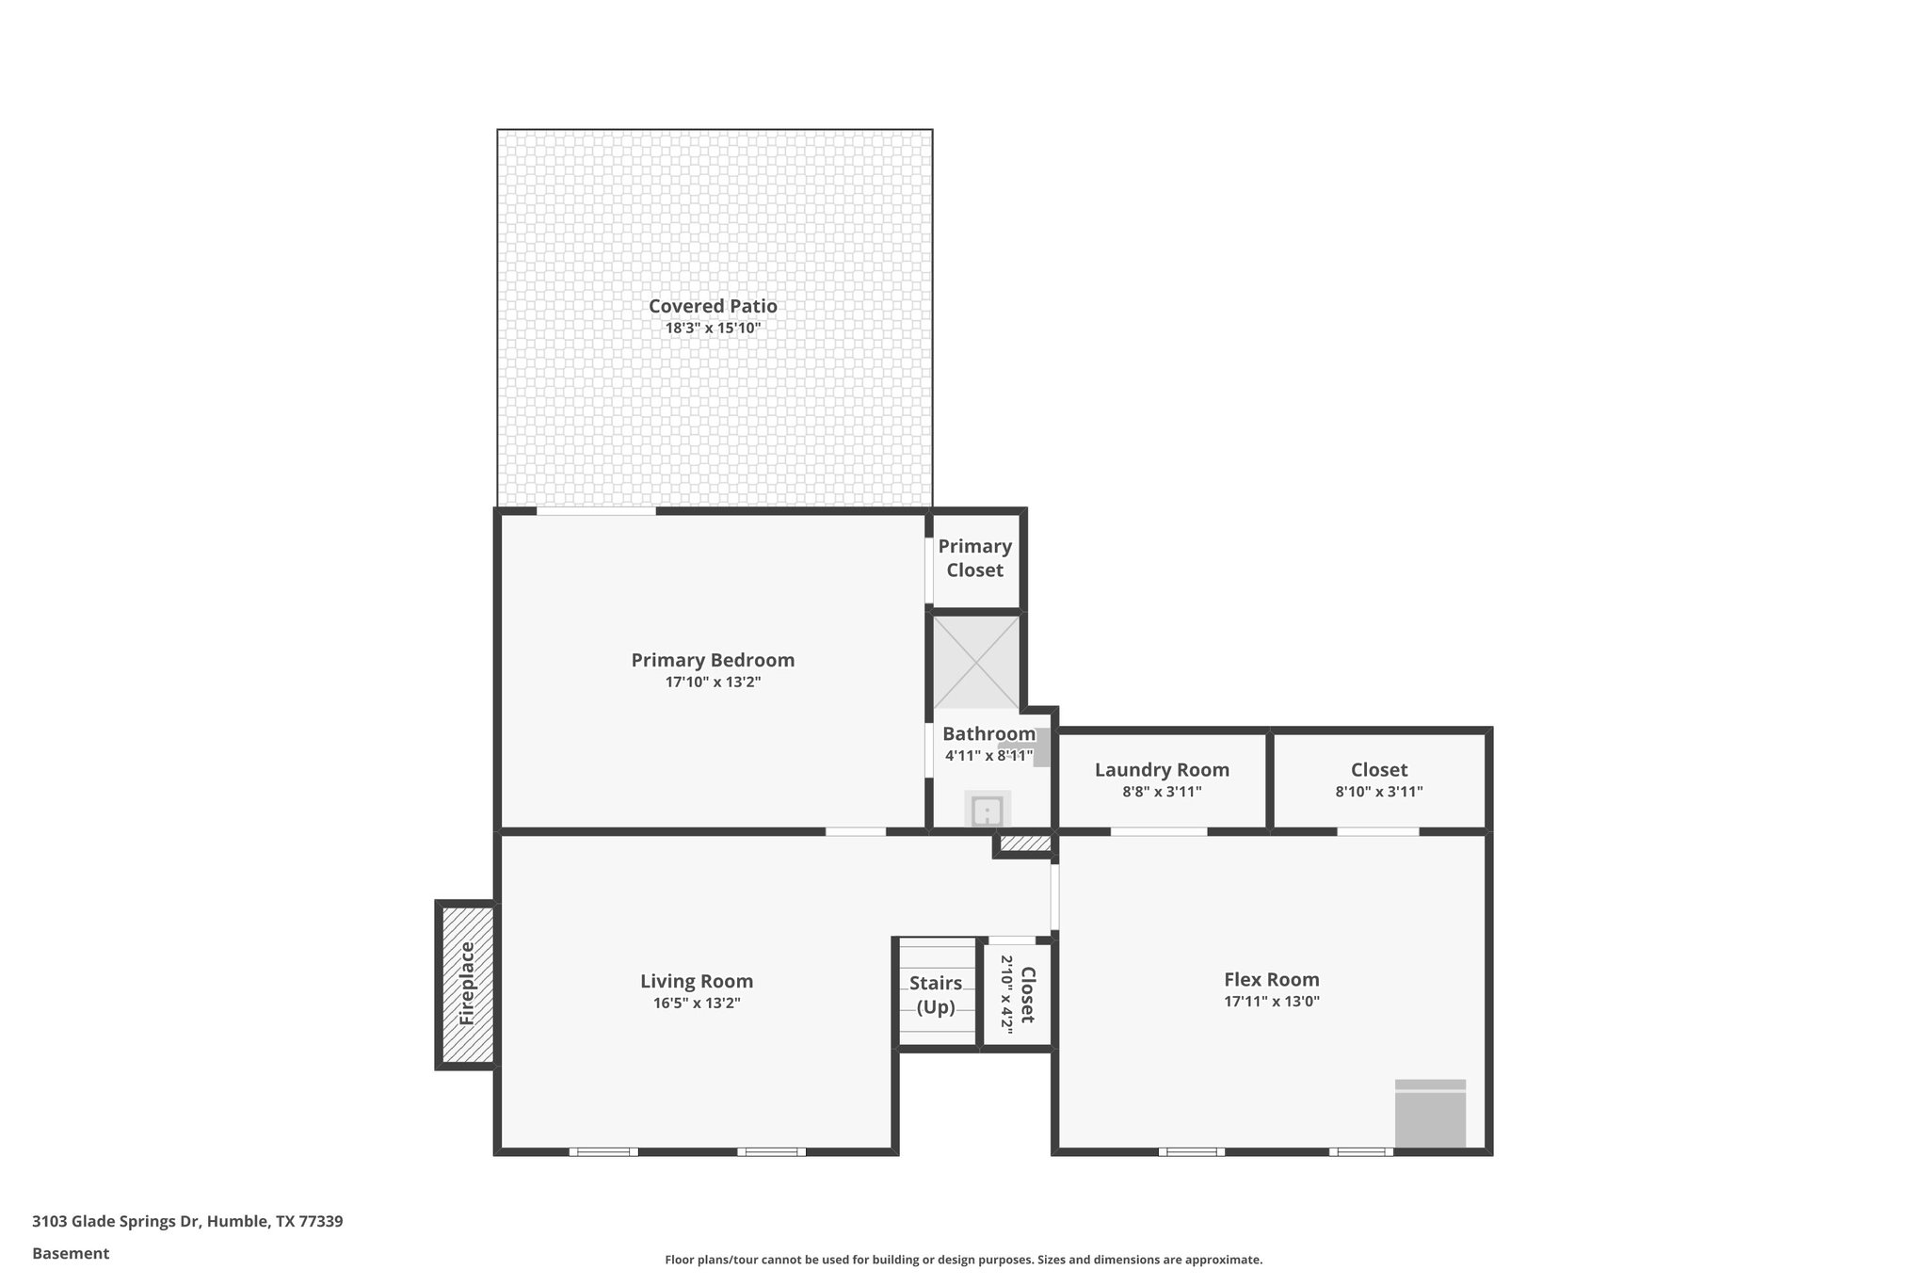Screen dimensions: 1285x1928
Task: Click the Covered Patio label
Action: click(x=713, y=306)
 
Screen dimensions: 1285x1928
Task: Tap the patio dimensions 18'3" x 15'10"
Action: click(x=713, y=329)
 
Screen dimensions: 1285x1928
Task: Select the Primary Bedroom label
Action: click(x=713, y=660)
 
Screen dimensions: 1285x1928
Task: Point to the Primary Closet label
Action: click(x=974, y=558)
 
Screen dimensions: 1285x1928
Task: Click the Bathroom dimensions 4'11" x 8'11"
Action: click(x=988, y=755)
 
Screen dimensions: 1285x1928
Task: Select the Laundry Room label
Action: click(x=1162, y=770)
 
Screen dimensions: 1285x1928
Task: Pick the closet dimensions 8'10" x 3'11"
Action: click(x=1378, y=793)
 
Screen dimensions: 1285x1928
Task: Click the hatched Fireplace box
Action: click(x=467, y=985)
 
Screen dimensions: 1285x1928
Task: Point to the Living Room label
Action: click(x=697, y=981)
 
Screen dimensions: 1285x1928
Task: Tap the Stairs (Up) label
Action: click(x=936, y=995)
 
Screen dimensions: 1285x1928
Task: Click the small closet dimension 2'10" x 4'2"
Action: click(x=1005, y=995)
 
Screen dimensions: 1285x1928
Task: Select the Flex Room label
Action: click(x=1271, y=979)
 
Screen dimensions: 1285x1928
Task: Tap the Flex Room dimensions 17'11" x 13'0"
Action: click(x=1271, y=1002)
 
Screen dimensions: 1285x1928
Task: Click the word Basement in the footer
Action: click(x=71, y=1253)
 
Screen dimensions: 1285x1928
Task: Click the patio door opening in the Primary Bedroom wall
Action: click(x=596, y=511)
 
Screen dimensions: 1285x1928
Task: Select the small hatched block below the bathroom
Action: click(x=1024, y=843)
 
